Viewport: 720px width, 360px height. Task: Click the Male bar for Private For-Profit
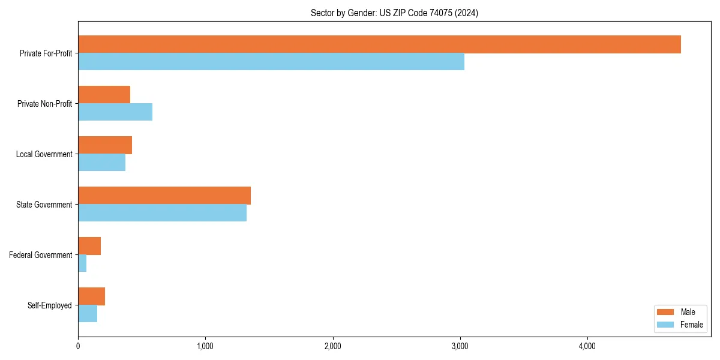379,44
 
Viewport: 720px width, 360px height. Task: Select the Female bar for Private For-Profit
271,62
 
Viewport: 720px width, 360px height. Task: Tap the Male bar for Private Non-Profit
104,95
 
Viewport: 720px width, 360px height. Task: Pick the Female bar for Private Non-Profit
115,112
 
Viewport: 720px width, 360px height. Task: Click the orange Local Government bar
105,145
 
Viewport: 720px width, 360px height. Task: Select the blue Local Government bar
102,163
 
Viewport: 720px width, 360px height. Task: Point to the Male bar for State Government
164,196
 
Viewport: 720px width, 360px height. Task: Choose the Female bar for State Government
162,213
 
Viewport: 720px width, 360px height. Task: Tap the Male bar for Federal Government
89,246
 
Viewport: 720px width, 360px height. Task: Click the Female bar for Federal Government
82,263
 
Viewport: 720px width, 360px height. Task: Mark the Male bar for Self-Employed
92,296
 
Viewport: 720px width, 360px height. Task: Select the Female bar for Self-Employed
88,314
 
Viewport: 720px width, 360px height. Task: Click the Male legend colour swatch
666,312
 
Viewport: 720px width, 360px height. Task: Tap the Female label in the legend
691,325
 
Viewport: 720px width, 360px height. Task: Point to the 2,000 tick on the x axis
332,346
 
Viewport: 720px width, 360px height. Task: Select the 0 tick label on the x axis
78,346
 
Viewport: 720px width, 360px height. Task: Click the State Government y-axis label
44,205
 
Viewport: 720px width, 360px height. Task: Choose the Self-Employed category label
49,305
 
